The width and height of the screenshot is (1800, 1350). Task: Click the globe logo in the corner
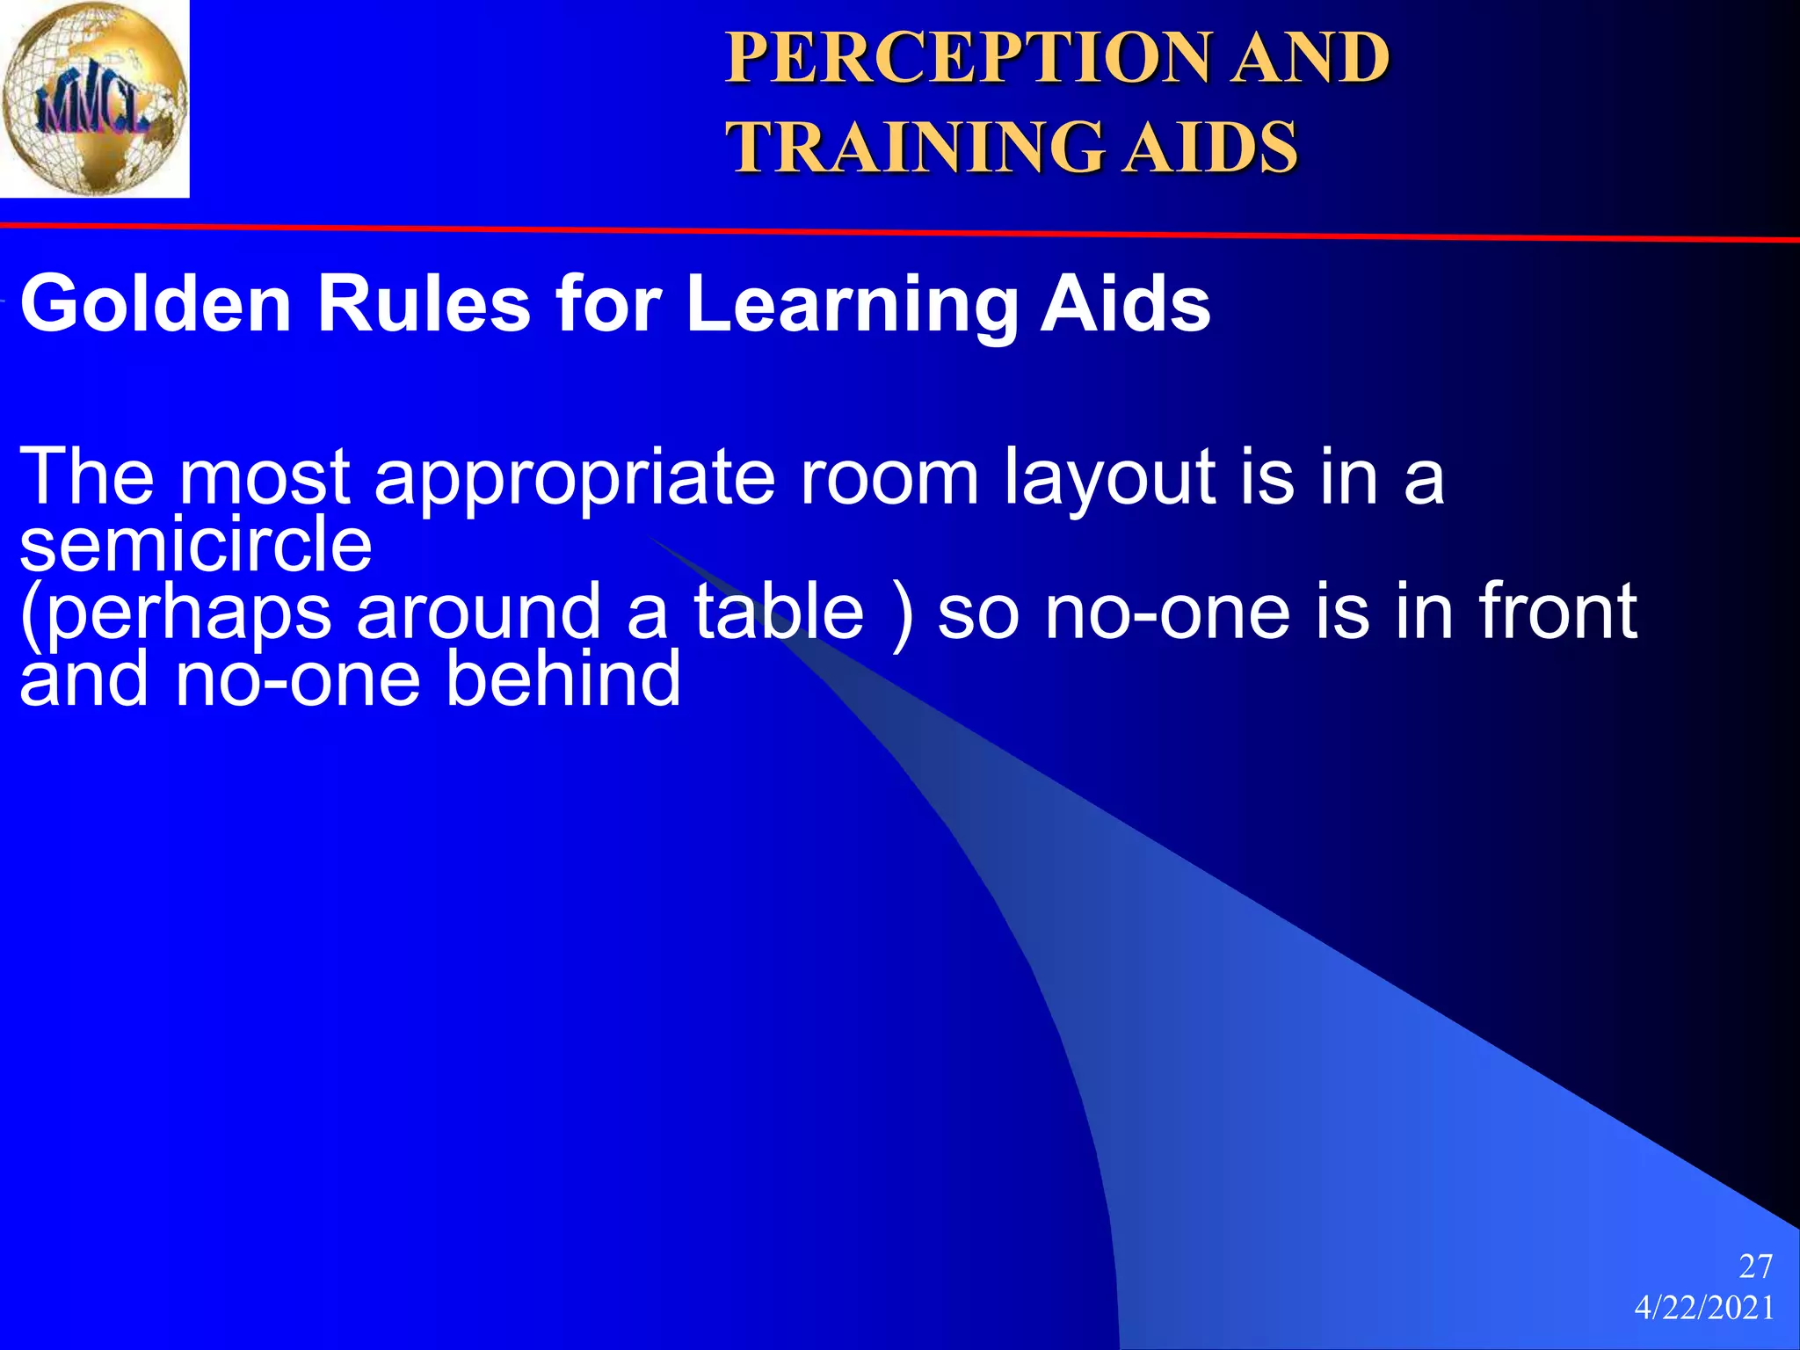94,98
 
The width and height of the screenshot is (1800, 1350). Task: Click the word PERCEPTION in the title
965,58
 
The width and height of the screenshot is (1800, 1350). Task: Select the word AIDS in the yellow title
1212,147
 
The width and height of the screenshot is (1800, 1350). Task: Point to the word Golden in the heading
156,304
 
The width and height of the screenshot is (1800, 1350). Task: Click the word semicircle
196,545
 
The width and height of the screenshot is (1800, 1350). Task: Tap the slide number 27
1755,1267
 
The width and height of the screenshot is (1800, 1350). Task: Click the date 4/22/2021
1704,1309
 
